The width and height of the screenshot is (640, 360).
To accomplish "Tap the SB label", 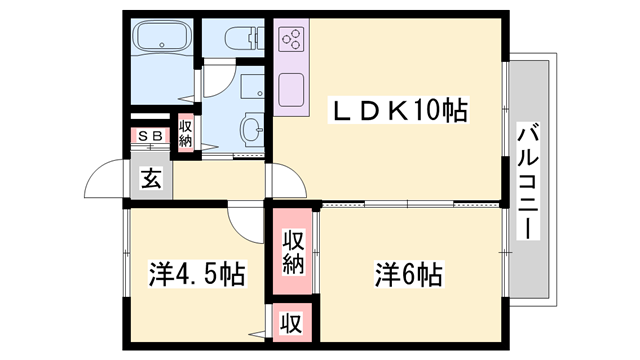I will tap(151, 135).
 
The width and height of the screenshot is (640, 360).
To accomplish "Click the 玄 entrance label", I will tap(151, 179).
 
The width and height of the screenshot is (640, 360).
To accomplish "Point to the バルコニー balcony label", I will tap(527, 181).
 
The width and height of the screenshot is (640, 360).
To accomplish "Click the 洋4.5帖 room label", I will tap(197, 272).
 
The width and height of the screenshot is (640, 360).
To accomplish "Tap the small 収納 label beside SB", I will tap(186, 133).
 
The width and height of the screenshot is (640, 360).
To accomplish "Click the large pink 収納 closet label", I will tap(292, 251).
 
